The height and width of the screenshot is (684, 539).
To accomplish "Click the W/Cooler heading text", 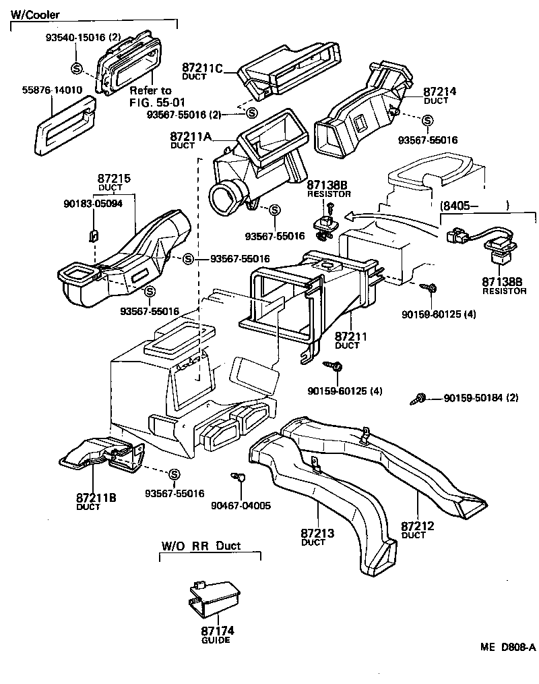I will tap(34, 14).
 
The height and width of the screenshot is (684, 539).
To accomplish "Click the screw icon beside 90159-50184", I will tap(418, 399).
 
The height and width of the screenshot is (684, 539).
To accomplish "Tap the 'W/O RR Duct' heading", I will tap(201, 546).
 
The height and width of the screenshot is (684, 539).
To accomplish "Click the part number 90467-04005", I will tap(241, 505).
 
